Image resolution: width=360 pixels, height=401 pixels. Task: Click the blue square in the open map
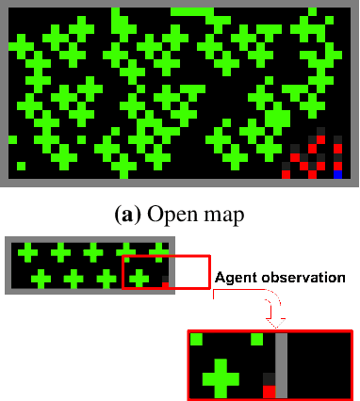(x=338, y=174)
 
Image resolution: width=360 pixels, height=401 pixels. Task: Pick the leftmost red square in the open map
(x=286, y=174)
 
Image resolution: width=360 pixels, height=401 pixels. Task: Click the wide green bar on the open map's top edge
(x=192, y=11)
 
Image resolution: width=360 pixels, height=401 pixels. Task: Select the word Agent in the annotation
(x=237, y=279)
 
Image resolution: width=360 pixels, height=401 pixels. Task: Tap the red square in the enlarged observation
(x=269, y=391)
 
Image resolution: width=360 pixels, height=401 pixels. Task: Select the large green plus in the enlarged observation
(x=221, y=377)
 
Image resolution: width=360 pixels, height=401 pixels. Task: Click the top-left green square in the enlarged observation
(x=197, y=339)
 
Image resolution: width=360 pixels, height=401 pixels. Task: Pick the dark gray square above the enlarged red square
(x=269, y=378)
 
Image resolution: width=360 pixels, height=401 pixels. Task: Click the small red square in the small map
(x=165, y=284)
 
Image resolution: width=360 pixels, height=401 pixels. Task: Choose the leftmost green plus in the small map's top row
(x=28, y=252)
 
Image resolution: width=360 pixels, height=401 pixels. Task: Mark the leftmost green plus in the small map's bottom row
(x=41, y=279)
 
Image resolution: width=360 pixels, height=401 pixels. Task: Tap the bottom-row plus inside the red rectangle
(x=139, y=279)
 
